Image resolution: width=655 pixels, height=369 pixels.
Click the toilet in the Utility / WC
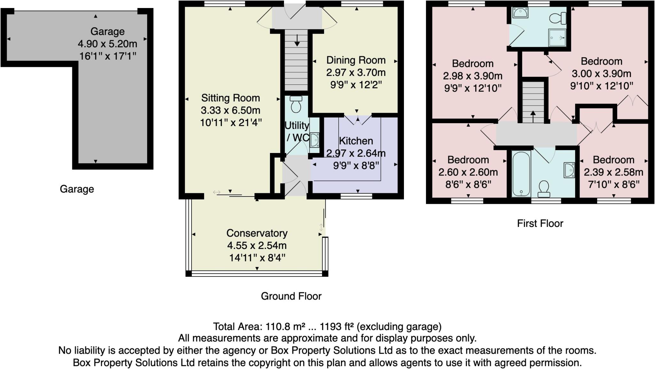(x=296, y=104)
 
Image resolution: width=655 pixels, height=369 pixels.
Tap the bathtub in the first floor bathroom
(x=521, y=174)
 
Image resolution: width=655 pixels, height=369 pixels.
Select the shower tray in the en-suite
(x=557, y=38)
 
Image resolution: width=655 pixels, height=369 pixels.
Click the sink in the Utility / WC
(x=314, y=140)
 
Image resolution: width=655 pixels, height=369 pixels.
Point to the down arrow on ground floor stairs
(x=297, y=40)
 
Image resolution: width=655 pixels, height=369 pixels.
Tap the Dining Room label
(x=356, y=60)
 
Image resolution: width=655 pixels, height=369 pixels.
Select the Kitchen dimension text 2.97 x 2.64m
(x=356, y=153)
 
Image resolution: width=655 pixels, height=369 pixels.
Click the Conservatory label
(x=257, y=233)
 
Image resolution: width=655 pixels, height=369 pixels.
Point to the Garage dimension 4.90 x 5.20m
(x=107, y=44)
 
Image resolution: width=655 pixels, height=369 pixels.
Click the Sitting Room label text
(x=230, y=98)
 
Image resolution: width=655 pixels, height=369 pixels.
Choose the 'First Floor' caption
(x=540, y=223)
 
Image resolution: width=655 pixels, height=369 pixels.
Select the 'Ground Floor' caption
(x=291, y=296)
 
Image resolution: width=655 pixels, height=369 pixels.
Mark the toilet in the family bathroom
(x=544, y=189)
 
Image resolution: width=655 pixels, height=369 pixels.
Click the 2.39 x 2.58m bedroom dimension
(x=613, y=172)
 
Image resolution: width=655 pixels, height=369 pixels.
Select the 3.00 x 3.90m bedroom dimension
(x=601, y=74)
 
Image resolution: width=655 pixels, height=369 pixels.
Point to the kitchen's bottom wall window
(x=356, y=196)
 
